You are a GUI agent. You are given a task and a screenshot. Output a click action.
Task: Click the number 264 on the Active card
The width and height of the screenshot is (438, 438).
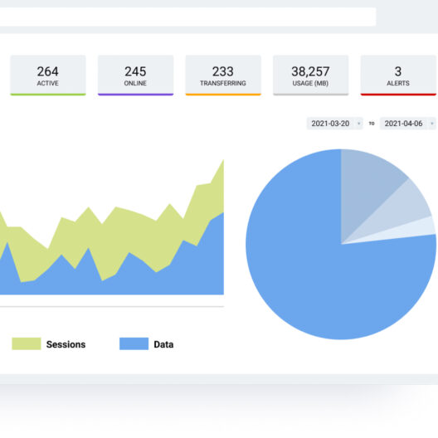(47, 71)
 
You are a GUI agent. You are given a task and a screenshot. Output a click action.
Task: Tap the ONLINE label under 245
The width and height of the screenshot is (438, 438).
(135, 84)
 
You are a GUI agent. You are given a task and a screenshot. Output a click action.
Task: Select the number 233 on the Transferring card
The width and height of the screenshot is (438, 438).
(222, 71)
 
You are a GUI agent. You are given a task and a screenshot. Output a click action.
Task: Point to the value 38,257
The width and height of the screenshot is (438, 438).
(310, 71)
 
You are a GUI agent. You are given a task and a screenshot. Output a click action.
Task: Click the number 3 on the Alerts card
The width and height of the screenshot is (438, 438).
(398, 71)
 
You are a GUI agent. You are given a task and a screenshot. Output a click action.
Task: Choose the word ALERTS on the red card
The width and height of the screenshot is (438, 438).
(398, 84)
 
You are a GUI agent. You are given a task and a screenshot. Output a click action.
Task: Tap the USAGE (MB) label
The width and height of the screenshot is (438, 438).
(310, 84)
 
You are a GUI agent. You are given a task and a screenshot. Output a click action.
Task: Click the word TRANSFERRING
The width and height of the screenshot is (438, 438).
(222, 84)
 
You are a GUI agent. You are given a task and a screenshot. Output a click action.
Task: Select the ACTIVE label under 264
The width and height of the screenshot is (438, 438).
(47, 84)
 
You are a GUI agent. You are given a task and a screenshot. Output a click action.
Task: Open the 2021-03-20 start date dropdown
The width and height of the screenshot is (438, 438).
(334, 124)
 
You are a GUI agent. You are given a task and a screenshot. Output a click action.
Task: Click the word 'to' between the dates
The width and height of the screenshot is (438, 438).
(372, 124)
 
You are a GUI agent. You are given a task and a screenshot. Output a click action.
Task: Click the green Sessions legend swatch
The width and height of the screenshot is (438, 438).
(26, 344)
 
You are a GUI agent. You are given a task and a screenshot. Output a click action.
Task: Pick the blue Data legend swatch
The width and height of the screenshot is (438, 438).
(134, 344)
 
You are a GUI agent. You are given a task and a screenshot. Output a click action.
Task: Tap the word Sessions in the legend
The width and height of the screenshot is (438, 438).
(66, 344)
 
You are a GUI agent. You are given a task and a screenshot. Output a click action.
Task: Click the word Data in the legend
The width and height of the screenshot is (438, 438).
(163, 344)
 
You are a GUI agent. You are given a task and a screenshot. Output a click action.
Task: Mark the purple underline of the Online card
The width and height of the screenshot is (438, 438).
(135, 95)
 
